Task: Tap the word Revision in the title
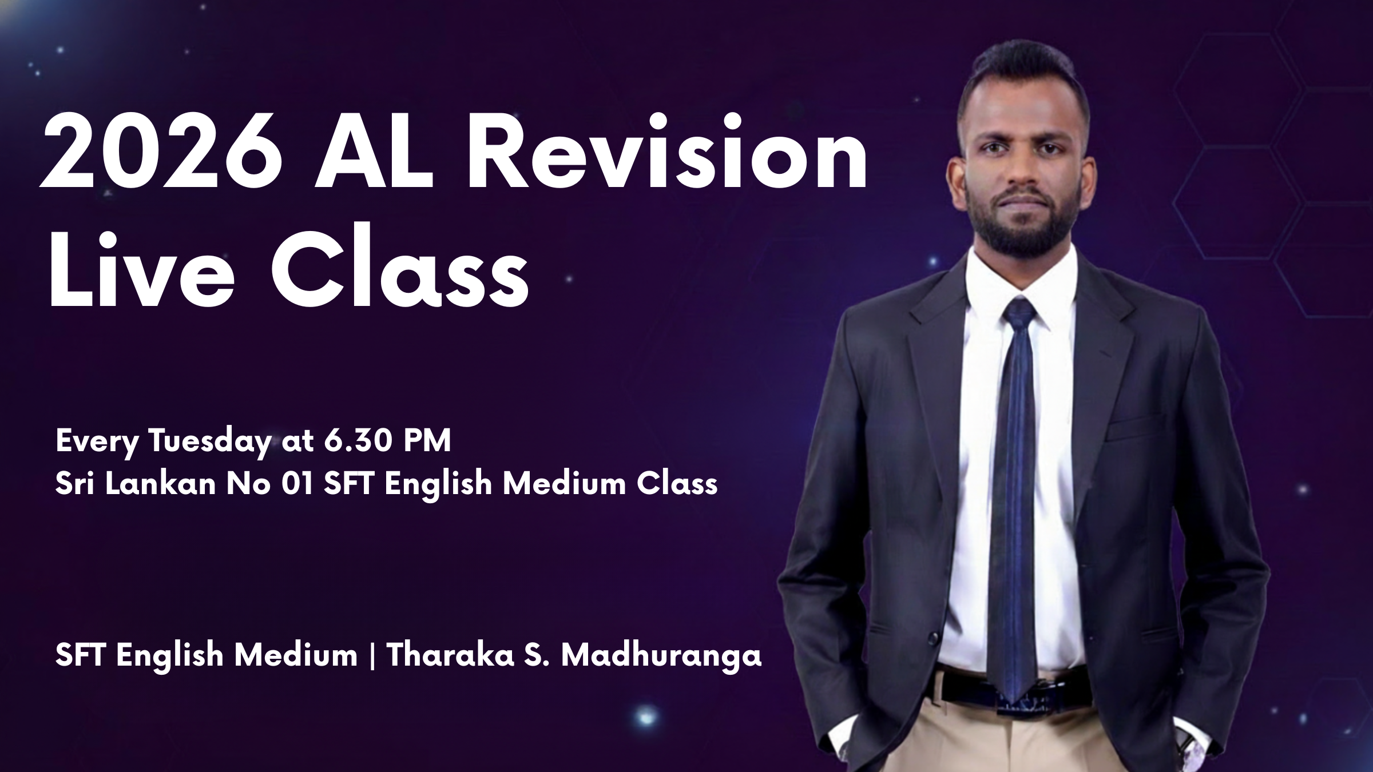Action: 668,152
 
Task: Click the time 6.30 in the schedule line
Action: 351,442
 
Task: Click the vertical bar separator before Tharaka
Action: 373,656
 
